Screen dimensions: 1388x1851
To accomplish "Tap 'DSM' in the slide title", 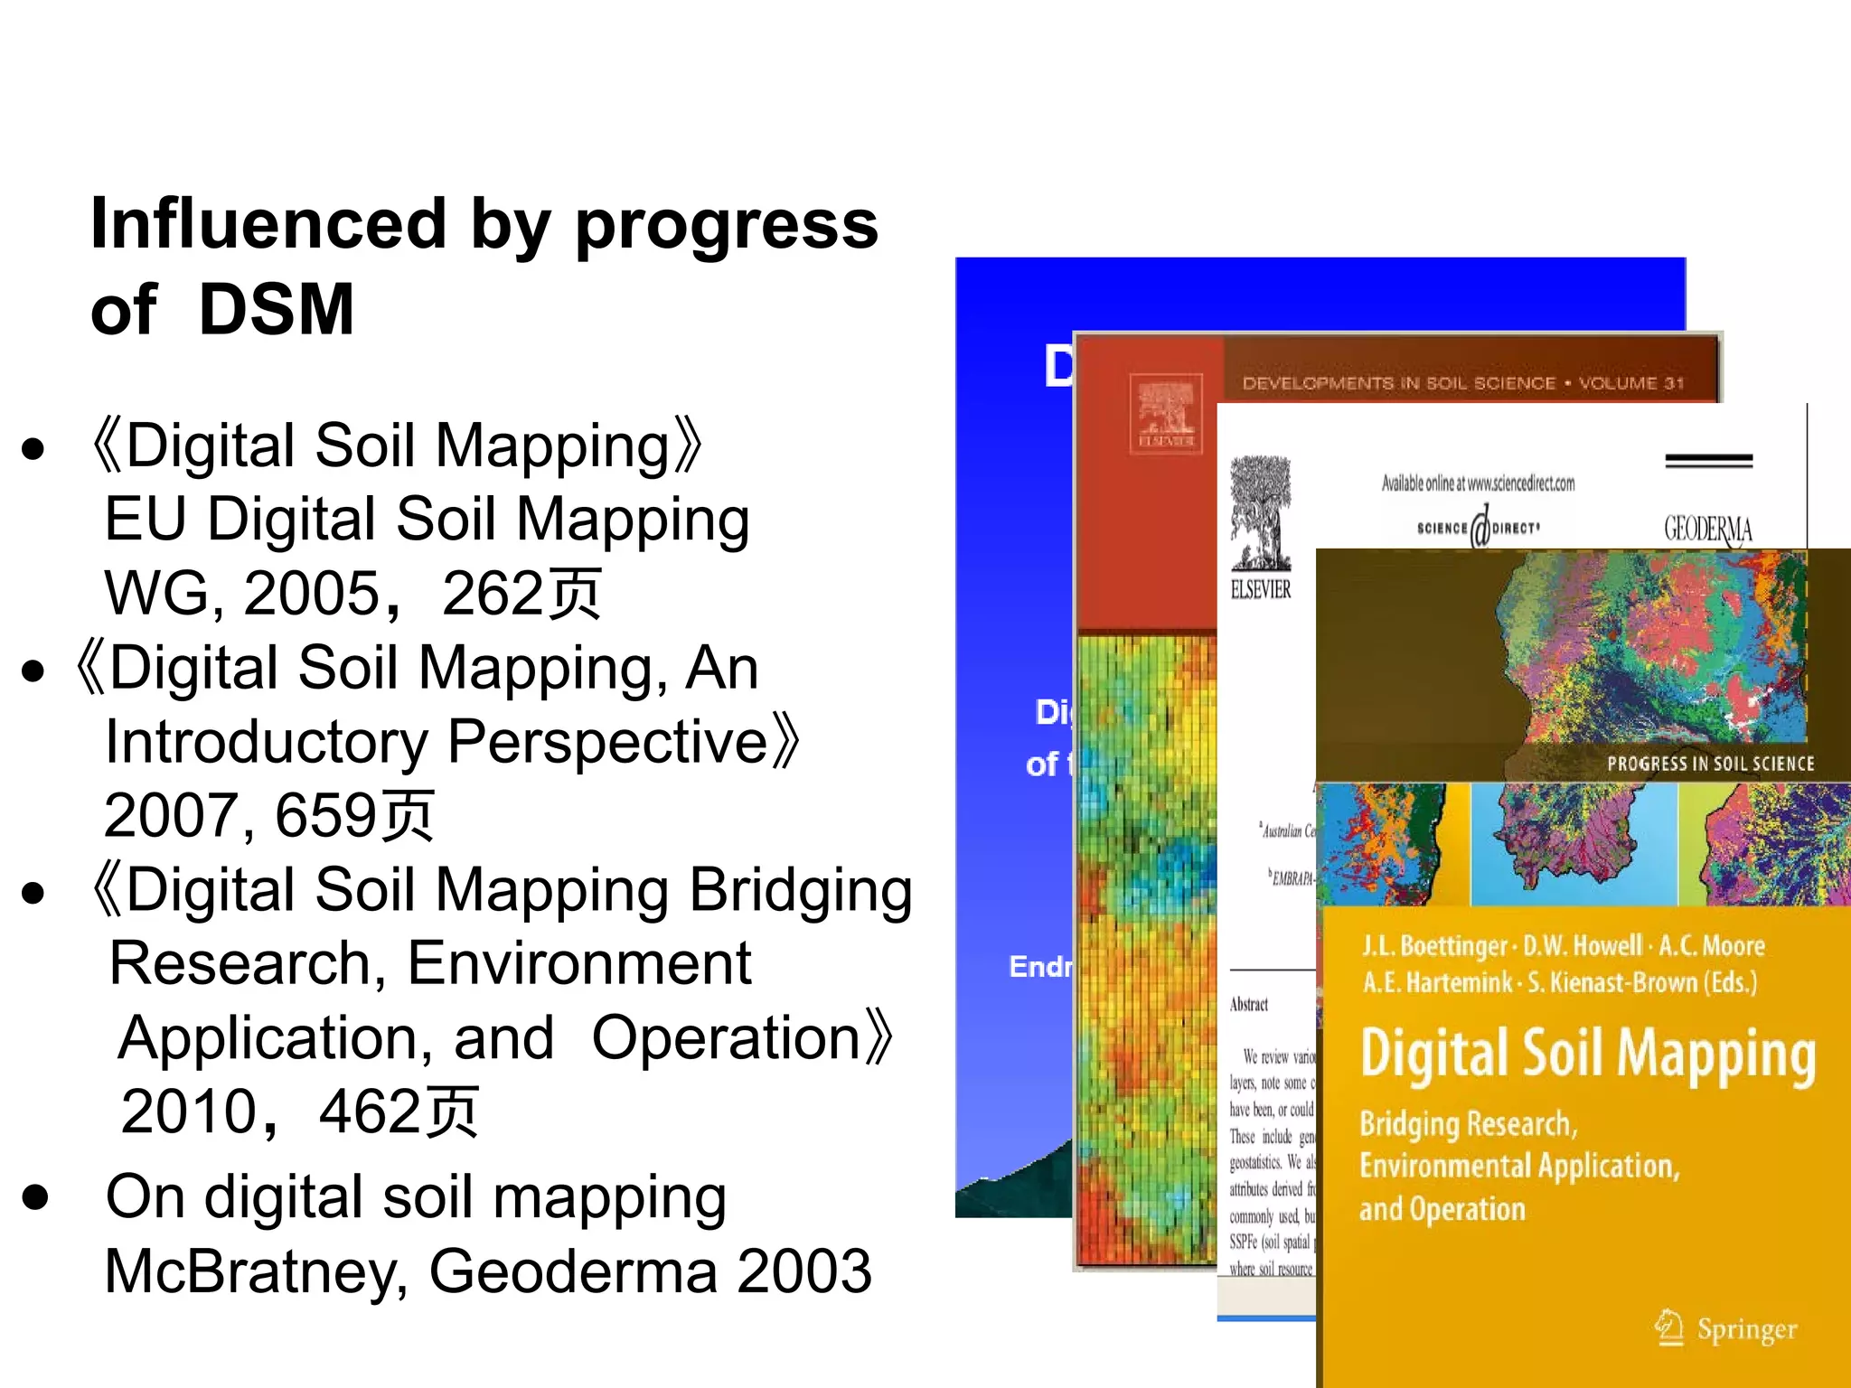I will pyautogui.click(x=276, y=310).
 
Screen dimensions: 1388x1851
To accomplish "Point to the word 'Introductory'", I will pyautogui.click(x=267, y=742).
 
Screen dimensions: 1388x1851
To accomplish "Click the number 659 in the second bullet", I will pyautogui.click(x=326, y=815).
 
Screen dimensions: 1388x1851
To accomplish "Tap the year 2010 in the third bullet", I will pyautogui.click(x=190, y=1111).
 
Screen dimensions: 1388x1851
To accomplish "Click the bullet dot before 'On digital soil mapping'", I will pyautogui.click(x=35, y=1196).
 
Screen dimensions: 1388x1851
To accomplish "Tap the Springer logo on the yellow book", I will pyautogui.click(x=1726, y=1328).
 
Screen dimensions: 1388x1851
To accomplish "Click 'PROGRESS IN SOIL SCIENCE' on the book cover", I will pyautogui.click(x=1710, y=764).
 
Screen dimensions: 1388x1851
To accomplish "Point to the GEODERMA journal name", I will pyautogui.click(x=1707, y=529).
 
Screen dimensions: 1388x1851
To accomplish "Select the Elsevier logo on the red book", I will pyautogui.click(x=1166, y=412).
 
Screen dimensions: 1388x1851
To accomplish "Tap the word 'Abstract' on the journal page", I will pyautogui.click(x=1249, y=1004).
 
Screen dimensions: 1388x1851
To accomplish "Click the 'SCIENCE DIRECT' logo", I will pyautogui.click(x=1478, y=528).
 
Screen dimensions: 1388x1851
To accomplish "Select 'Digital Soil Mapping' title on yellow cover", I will pyautogui.click(x=1588, y=1055).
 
